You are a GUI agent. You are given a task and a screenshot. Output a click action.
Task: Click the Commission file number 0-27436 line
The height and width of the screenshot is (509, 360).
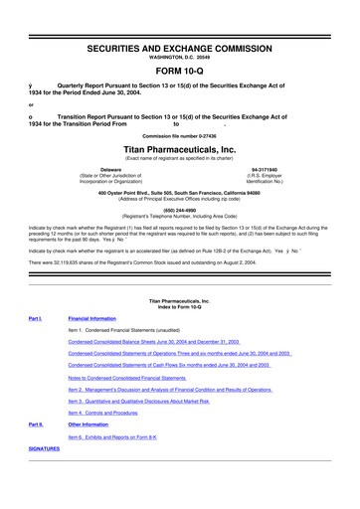[180, 134]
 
